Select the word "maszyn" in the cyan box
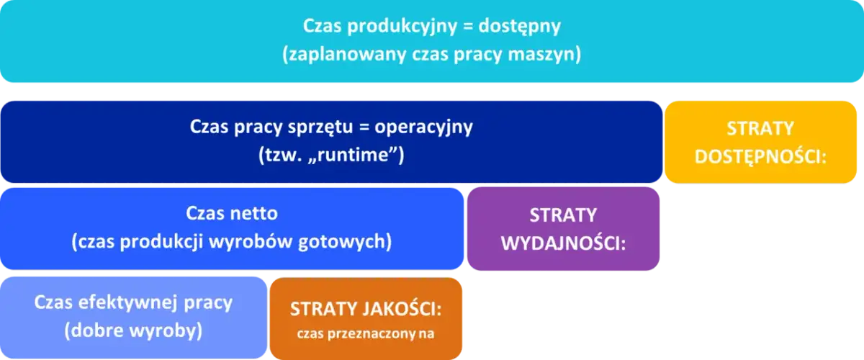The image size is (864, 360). [x=554, y=55]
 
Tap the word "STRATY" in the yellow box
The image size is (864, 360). [x=760, y=128]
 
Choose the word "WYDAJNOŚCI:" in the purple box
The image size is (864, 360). [x=563, y=243]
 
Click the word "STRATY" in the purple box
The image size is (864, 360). [x=563, y=215]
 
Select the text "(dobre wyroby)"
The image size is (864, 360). [x=133, y=331]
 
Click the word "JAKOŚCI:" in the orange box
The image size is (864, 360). [x=408, y=309]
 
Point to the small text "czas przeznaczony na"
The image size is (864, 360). [x=366, y=333]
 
